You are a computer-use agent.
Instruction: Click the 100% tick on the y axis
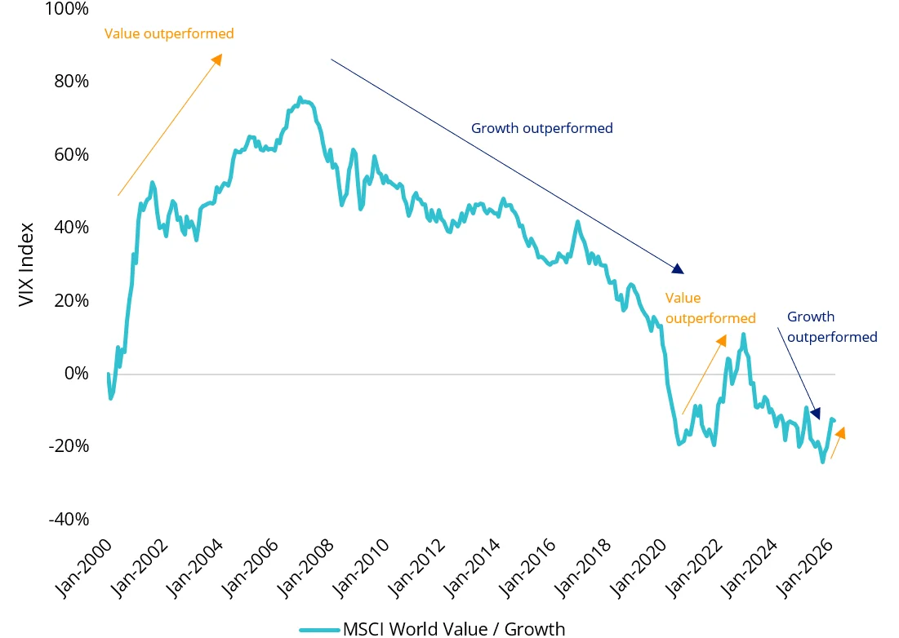(x=68, y=9)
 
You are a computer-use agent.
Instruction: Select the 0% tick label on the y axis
(x=77, y=374)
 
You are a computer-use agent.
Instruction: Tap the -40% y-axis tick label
(x=69, y=520)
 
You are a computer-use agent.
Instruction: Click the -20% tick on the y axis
(x=69, y=446)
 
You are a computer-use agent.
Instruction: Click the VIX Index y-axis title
(x=27, y=264)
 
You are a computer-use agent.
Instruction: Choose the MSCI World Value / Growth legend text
(x=453, y=628)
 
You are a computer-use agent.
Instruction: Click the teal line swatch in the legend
(x=319, y=629)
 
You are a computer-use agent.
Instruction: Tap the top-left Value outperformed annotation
(x=169, y=34)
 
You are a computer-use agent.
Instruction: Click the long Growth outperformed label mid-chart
(x=541, y=128)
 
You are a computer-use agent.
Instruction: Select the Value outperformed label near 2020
(x=710, y=308)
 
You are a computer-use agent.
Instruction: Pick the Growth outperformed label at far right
(x=831, y=327)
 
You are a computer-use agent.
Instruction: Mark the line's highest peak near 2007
(x=300, y=98)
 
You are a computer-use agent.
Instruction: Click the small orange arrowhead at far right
(x=840, y=432)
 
